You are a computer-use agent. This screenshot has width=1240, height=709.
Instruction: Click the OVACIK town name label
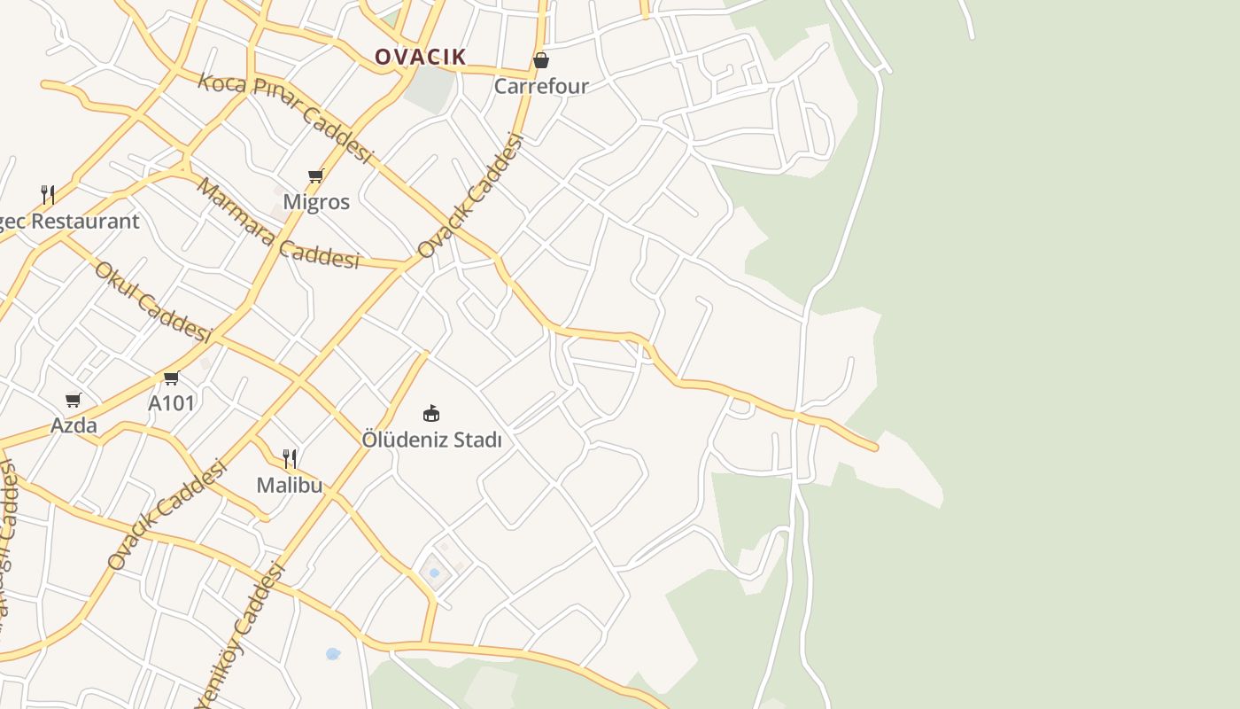pyautogui.click(x=420, y=57)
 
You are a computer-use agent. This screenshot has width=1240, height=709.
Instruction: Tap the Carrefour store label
pyautogui.click(x=541, y=86)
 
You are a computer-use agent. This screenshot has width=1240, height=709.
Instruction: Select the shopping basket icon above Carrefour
pyautogui.click(x=541, y=60)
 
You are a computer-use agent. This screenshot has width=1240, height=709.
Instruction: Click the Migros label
pyautogui.click(x=316, y=202)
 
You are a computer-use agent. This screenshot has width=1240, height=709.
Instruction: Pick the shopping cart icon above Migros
pyautogui.click(x=316, y=175)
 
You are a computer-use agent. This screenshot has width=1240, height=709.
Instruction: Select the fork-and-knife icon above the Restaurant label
pyautogui.click(x=48, y=195)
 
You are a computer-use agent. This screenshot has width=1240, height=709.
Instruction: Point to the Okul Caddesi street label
pyautogui.click(x=152, y=301)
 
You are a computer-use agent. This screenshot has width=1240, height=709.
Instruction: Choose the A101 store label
pyautogui.click(x=171, y=403)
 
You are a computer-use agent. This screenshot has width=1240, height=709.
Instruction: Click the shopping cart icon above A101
pyautogui.click(x=172, y=378)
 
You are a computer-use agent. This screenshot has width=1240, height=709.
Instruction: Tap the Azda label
pyautogui.click(x=74, y=425)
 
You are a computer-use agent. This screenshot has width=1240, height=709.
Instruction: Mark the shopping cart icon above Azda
pyautogui.click(x=74, y=401)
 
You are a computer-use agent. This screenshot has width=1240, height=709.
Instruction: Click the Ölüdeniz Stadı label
pyautogui.click(x=431, y=440)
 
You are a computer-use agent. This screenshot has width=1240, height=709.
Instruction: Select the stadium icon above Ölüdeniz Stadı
pyautogui.click(x=431, y=413)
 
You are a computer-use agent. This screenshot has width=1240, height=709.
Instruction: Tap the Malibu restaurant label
pyautogui.click(x=290, y=486)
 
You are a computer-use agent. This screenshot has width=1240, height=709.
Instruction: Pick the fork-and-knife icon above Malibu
pyautogui.click(x=290, y=459)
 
